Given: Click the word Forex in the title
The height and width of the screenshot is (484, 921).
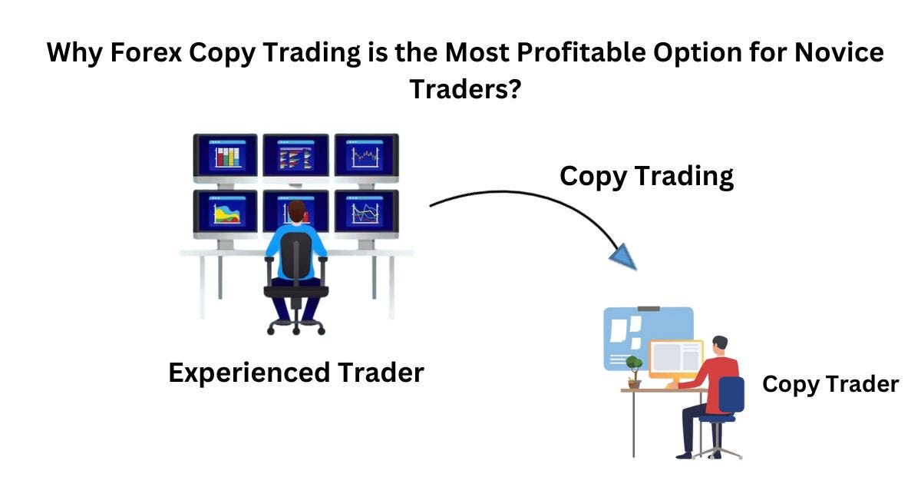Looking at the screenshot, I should tap(152, 54).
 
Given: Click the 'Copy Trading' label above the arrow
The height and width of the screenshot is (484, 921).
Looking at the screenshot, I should tap(646, 176).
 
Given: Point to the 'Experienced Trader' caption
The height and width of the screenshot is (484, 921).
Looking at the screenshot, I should tap(295, 373).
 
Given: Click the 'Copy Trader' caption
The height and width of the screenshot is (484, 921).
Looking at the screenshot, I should tap(830, 384).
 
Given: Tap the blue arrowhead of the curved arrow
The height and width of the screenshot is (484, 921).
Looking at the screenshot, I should tap(623, 254).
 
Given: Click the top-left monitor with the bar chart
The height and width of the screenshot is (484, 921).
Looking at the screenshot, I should tap(225, 155).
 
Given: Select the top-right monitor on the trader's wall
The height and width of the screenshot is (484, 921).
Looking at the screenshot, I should tap(366, 155).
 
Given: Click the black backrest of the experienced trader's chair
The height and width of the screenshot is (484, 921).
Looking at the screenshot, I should tap(296, 257).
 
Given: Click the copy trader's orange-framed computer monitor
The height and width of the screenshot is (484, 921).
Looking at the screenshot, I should tap(675, 360).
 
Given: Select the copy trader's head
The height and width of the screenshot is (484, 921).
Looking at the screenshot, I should tap(719, 346).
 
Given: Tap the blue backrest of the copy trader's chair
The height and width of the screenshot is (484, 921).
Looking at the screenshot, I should tap(731, 395).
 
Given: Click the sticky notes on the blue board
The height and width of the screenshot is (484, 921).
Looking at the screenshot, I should tap(623, 330).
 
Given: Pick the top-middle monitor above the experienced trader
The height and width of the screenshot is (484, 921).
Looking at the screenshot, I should tap(296, 155).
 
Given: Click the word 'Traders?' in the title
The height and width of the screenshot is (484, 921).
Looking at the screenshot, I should tap(466, 89).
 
